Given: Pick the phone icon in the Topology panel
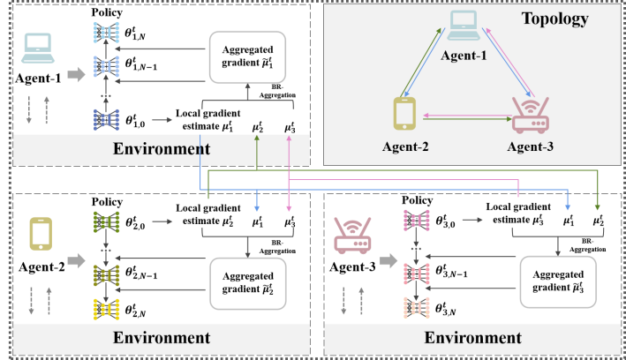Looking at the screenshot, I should click(404, 114).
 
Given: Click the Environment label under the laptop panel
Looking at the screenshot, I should click(162, 147).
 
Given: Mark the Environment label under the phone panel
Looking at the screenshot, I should click(162, 337).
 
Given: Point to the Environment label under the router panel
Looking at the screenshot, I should click(473, 337).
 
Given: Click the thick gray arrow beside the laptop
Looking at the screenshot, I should click(77, 75).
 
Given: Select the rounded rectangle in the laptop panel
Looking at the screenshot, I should click(248, 57).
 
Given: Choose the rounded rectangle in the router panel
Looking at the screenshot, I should click(557, 281).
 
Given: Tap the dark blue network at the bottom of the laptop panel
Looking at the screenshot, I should click(106, 120).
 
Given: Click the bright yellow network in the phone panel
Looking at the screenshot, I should click(106, 309).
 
